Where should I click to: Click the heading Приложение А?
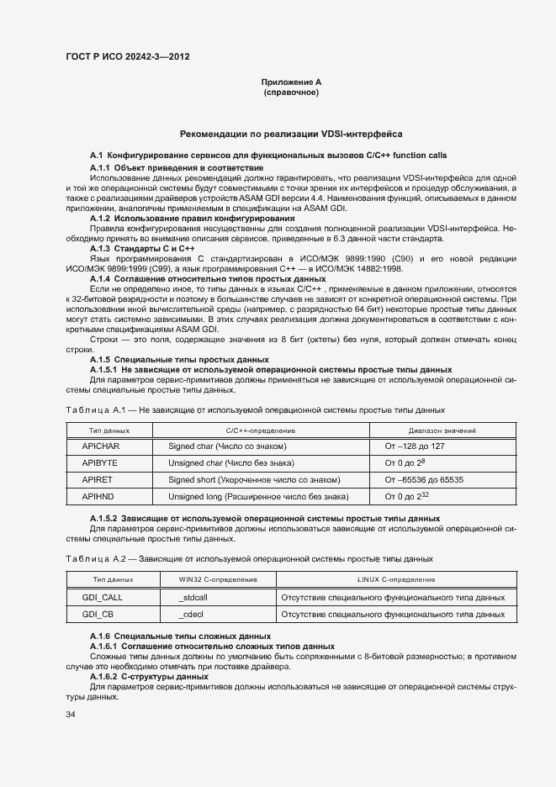(x=291, y=82)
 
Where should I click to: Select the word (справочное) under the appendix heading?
(x=291, y=92)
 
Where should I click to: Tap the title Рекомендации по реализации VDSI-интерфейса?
(x=291, y=134)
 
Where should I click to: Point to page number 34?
(x=71, y=714)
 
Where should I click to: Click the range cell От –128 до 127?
(x=415, y=446)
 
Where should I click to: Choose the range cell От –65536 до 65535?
(x=424, y=479)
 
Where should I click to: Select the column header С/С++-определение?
(x=261, y=429)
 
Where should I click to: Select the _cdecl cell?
(x=191, y=615)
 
